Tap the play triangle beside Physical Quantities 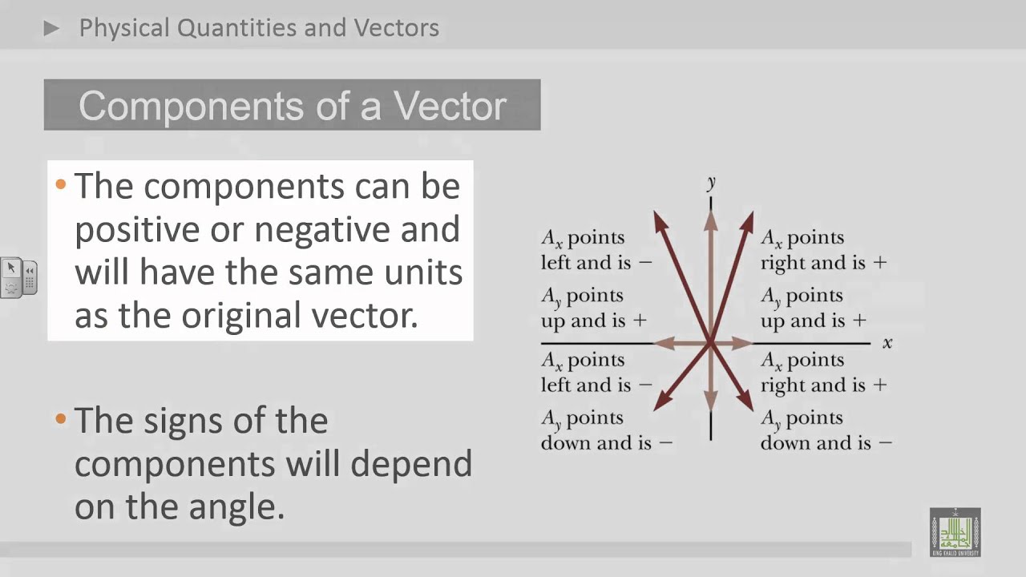point(52,29)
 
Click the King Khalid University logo point(955,532)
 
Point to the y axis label point(711,184)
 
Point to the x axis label point(887,343)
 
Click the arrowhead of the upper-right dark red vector point(749,218)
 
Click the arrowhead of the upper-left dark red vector point(659,218)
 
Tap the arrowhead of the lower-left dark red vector point(660,406)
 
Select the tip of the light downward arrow point(711,407)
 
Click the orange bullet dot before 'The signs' point(61,418)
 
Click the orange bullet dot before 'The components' point(61,185)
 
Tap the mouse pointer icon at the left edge point(11,268)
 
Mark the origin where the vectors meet point(711,343)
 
